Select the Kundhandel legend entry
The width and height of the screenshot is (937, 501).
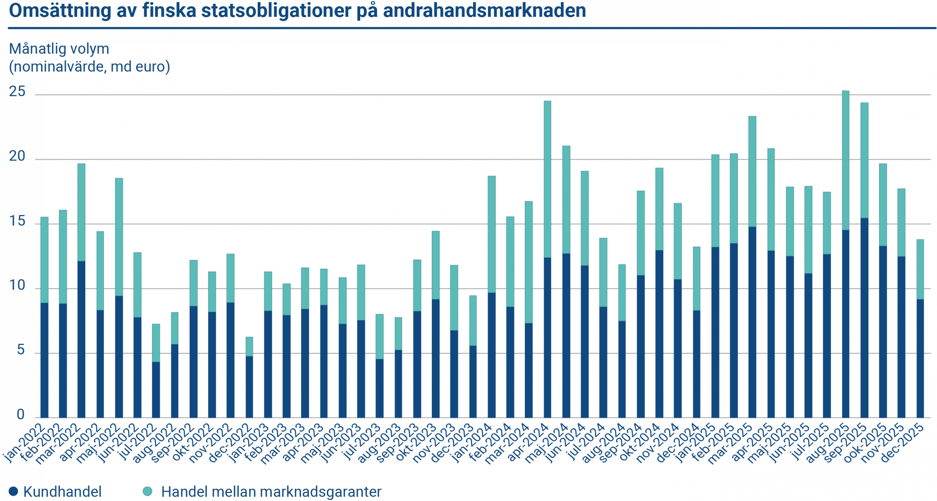click(x=62, y=492)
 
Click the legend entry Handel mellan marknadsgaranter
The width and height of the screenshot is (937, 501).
click(x=271, y=492)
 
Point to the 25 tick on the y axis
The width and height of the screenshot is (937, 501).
click(x=17, y=92)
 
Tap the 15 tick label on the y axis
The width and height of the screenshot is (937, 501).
click(x=17, y=222)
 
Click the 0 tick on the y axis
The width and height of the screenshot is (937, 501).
click(x=20, y=415)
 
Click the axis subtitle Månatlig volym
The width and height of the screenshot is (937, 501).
click(x=59, y=49)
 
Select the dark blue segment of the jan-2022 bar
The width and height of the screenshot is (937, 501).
click(x=44, y=360)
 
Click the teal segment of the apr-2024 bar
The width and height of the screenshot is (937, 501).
click(x=547, y=179)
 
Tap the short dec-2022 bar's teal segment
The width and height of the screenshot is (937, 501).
click(x=249, y=346)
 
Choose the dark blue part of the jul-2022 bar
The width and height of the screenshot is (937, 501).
click(x=156, y=389)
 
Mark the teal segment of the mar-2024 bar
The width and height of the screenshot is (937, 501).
click(x=529, y=262)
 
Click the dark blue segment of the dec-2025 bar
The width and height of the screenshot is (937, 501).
click(x=920, y=358)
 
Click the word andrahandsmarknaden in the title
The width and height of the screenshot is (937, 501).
click(x=484, y=11)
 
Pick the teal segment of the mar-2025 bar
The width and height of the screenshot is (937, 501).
click(x=752, y=171)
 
